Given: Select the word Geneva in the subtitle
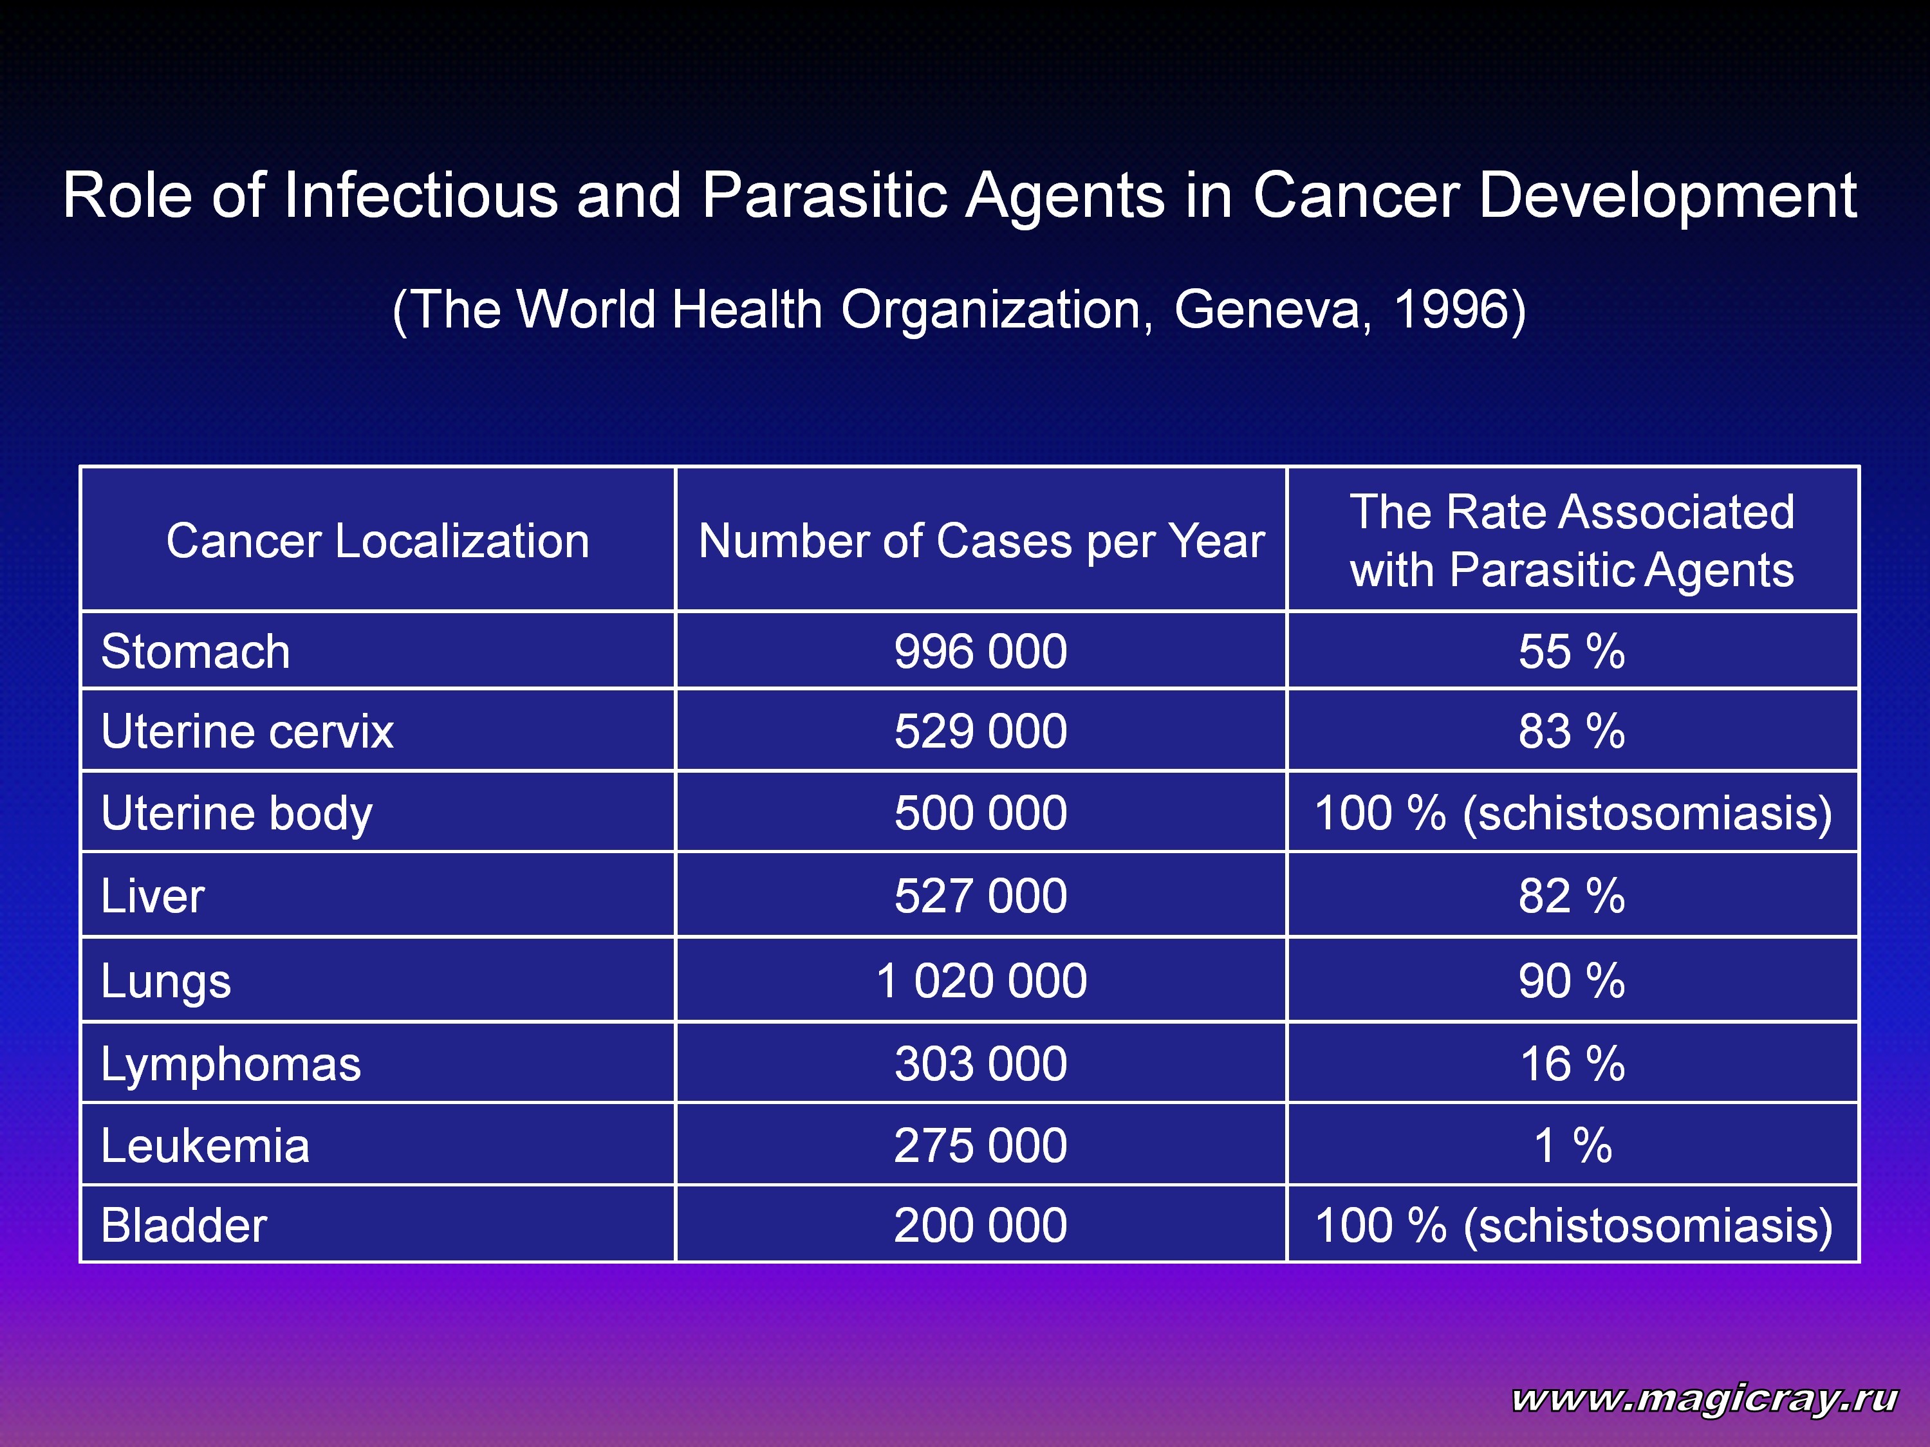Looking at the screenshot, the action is [1273, 311].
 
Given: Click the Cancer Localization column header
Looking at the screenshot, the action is [378, 540].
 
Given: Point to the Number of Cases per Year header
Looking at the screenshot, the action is [981, 540].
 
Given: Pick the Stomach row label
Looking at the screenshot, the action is [196, 652].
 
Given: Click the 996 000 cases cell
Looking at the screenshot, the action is [981, 652].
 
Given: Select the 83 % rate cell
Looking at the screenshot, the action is [1572, 731].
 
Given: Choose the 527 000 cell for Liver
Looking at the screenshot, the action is [981, 896].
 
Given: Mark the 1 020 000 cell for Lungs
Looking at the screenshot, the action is [981, 981].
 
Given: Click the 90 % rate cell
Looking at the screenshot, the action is [1572, 981].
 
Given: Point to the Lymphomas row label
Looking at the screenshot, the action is [230, 1065].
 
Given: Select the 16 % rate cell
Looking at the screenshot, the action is [1572, 1064].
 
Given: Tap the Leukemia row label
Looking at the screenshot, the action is [205, 1145].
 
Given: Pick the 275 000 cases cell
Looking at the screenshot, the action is [981, 1145].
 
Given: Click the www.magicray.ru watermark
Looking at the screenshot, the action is [1704, 1398].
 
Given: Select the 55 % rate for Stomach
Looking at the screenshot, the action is [1572, 652].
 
